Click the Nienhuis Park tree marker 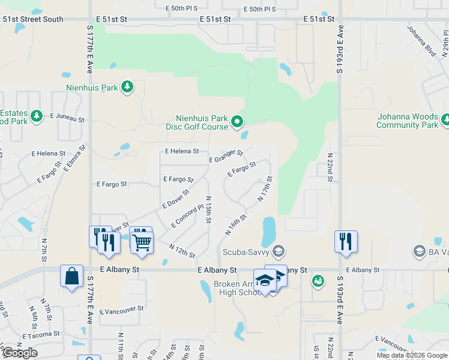(x=127, y=88)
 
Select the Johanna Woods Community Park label (x=407, y=121)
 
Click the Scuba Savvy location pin (x=278, y=250)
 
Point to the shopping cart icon (x=142, y=241)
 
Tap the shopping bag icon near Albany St (x=71, y=277)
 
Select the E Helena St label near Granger (x=181, y=151)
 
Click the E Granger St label (x=226, y=157)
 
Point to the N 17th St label (x=265, y=188)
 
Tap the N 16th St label (x=237, y=225)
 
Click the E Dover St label (x=176, y=199)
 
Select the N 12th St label (x=182, y=251)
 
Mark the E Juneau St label (x=67, y=118)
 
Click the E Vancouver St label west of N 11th (x=122, y=310)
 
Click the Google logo (x=20, y=353)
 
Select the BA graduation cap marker (x=420, y=250)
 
